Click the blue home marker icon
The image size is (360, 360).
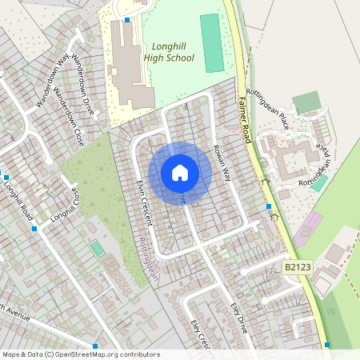[x=180, y=173]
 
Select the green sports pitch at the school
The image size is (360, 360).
[x=211, y=42]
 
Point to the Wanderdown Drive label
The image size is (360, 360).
[x=83, y=85]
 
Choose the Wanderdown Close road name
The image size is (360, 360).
[x=69, y=115]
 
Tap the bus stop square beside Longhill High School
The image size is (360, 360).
[x=127, y=18]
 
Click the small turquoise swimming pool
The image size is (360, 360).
[x=97, y=249]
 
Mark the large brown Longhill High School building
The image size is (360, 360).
[x=128, y=64]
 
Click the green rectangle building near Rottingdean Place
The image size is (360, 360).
[x=306, y=103]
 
